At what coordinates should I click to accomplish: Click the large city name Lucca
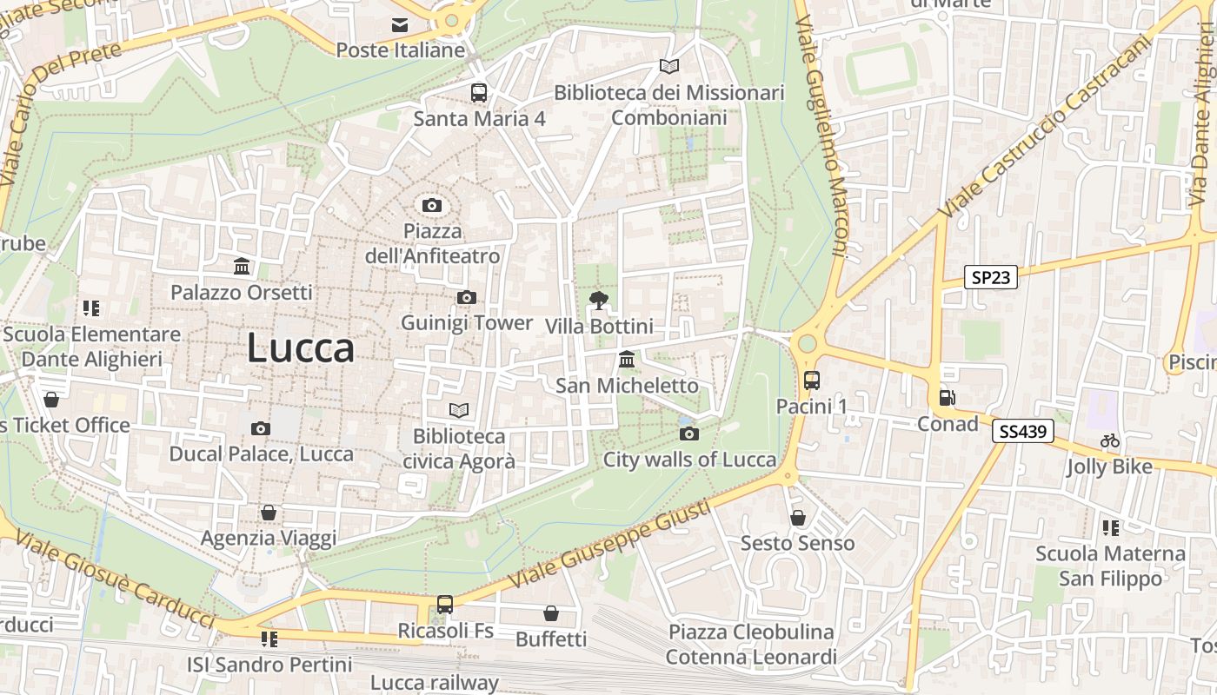coord(301,348)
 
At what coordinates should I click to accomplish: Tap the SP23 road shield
coord(991,277)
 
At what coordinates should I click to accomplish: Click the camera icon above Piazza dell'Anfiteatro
coord(432,206)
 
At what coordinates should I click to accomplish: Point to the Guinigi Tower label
coord(466,323)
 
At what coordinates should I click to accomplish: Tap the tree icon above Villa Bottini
coord(598,301)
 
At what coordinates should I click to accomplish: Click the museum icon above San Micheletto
coord(626,359)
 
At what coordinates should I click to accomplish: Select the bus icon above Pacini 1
coord(811,381)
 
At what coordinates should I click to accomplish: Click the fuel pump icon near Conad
coord(947,398)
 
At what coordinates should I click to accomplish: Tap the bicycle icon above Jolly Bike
coord(1110,440)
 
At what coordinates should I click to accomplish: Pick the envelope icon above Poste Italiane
coord(400,25)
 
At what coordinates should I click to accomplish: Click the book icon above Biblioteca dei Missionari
coord(668,67)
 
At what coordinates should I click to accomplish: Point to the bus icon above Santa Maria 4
coord(479,93)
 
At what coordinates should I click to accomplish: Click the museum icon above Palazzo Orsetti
coord(242,266)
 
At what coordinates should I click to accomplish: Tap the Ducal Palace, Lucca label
coord(261,453)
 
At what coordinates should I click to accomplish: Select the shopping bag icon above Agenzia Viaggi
coord(269,513)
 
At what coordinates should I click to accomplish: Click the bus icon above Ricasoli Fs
coord(445,604)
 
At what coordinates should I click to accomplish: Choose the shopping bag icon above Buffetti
coord(551,613)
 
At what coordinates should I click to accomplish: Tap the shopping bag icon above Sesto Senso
coord(798,518)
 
